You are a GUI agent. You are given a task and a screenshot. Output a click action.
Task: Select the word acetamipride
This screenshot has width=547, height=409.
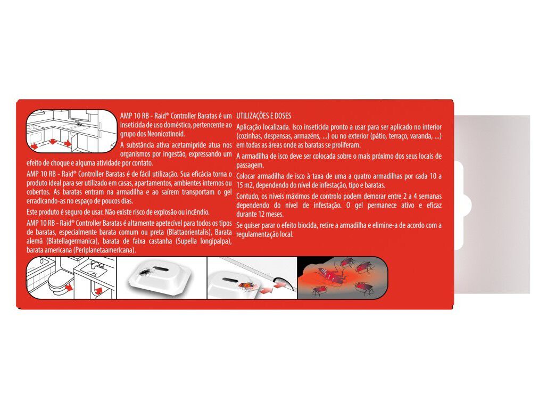179,144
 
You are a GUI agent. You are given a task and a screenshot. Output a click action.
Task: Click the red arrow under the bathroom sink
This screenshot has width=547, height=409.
97,291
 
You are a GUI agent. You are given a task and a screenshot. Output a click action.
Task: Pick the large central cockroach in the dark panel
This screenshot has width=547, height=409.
331,275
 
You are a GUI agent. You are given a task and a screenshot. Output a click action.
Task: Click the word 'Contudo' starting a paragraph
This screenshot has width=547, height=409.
247,197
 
